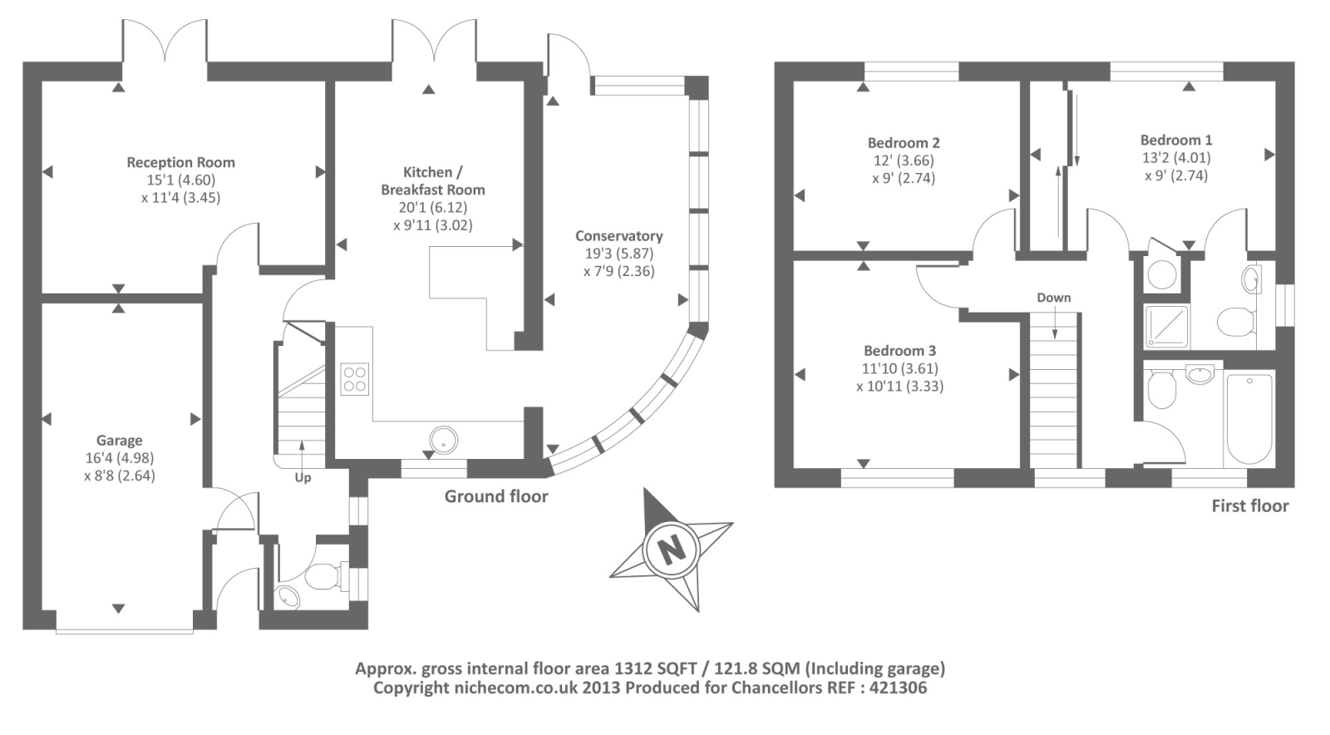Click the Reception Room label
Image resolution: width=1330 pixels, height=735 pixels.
point(180,163)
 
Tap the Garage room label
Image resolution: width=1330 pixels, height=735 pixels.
point(119,441)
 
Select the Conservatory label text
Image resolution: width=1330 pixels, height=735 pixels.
point(618,236)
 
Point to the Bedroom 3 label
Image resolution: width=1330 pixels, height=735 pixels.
point(899,351)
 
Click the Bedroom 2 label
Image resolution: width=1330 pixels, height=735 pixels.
point(904,143)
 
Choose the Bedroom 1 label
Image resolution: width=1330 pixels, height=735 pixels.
point(1175,141)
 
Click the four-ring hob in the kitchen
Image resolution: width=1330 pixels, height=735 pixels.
point(355,379)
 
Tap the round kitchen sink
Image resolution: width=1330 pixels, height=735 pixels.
point(443,440)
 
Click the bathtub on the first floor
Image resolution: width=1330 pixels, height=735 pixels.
point(1249,420)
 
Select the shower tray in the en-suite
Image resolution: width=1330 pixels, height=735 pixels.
point(1166,327)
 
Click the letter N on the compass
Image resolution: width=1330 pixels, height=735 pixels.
point(670,549)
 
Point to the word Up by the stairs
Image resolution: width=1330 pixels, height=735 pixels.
point(303,478)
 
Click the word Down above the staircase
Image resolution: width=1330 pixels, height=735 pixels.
point(1053,298)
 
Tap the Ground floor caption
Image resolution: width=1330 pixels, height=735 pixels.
point(496,497)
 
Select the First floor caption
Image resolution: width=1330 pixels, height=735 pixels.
point(1249,506)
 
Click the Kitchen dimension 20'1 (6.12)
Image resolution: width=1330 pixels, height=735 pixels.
point(432,208)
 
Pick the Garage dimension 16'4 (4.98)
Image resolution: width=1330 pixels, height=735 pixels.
point(119,458)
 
